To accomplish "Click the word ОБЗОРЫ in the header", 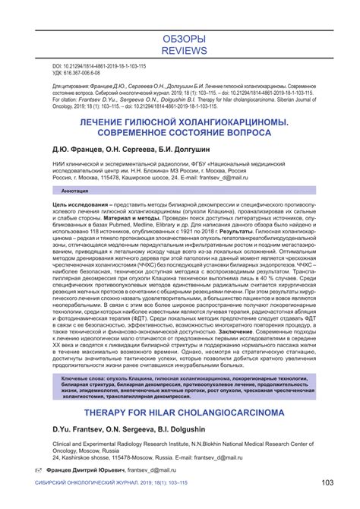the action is pos(179,38).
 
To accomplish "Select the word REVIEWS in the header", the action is pos(179,51).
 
